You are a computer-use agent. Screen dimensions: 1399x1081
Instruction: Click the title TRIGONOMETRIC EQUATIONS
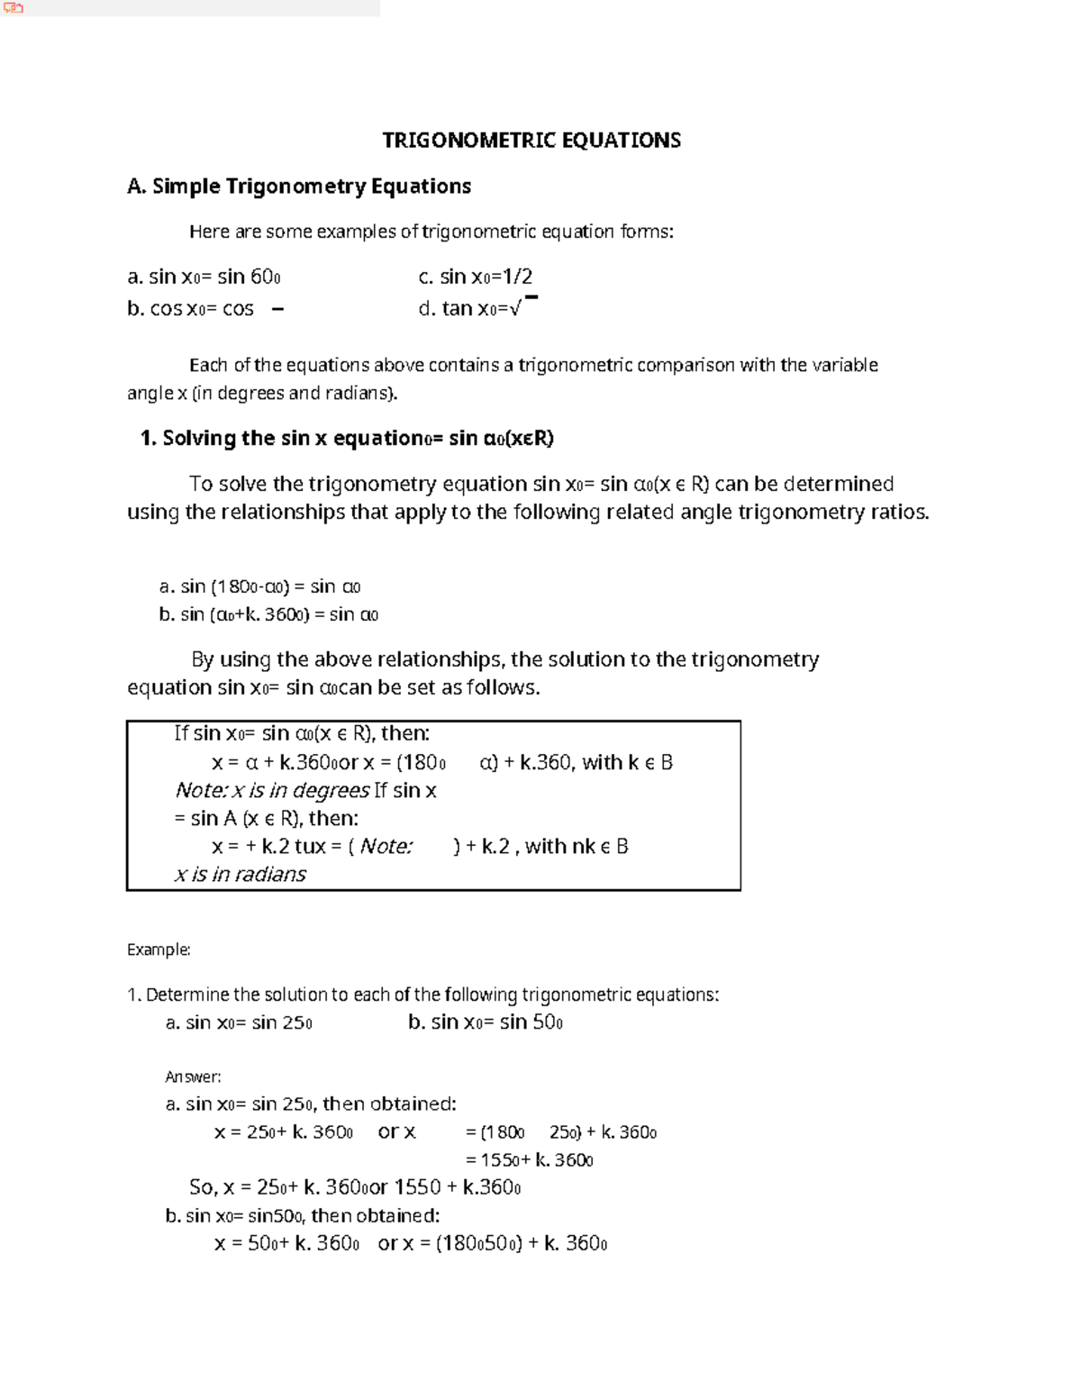click(x=531, y=141)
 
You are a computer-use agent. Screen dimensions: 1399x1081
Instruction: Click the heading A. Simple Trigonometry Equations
click(x=299, y=186)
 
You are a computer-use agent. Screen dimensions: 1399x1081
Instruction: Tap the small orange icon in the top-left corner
click(x=13, y=8)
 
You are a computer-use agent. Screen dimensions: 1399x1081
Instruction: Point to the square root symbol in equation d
click(x=515, y=309)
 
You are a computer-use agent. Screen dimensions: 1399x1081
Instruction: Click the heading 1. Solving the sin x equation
click(x=347, y=439)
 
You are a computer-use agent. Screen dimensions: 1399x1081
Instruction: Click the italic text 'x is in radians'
click(x=240, y=875)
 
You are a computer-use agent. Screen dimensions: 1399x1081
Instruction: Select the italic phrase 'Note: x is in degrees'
click(x=272, y=791)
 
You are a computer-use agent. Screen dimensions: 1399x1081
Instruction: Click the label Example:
click(x=159, y=949)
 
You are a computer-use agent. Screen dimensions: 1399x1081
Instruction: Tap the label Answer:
click(x=193, y=1077)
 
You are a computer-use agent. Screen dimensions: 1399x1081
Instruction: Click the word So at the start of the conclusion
click(x=201, y=1187)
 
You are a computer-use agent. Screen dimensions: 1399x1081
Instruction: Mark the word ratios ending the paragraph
click(x=897, y=513)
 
